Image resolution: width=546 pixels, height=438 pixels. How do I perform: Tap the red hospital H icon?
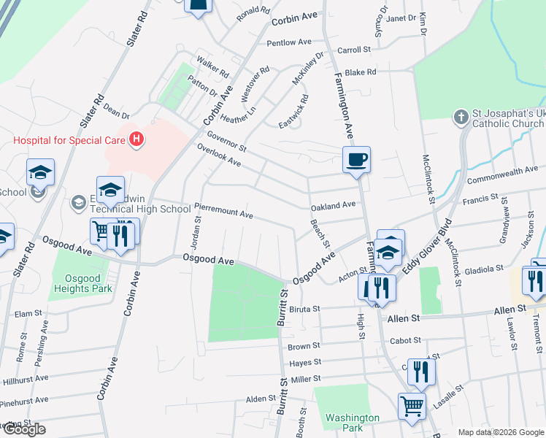pos(135,139)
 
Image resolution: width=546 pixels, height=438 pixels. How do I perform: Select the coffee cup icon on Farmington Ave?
pos(356,159)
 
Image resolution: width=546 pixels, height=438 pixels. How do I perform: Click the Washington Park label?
pos(353,423)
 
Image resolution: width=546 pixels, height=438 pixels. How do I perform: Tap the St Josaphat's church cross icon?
pos(461,117)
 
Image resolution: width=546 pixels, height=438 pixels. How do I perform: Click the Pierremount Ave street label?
pos(223,212)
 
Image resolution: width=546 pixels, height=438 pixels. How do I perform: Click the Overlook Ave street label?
pos(218,154)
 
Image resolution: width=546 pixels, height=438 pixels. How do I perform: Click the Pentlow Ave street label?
pos(289,42)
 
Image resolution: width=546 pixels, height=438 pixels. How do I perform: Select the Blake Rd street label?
pos(360,72)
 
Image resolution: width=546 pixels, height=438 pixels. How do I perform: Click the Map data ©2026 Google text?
pos(500,432)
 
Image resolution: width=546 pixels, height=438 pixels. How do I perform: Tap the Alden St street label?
pos(258,399)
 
